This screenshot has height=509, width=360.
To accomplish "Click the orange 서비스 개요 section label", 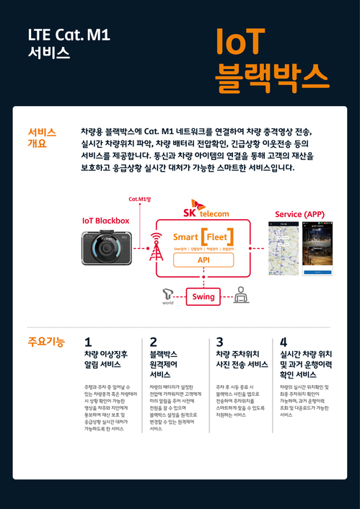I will click(x=42, y=138).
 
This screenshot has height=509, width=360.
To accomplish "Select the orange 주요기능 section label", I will click(x=45, y=342).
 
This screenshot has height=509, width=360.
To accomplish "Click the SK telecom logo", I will click(x=207, y=209).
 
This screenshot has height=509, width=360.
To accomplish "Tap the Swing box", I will click(x=203, y=296).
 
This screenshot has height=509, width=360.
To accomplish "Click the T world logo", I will click(x=168, y=296).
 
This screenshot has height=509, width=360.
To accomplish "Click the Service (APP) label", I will click(x=300, y=215).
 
